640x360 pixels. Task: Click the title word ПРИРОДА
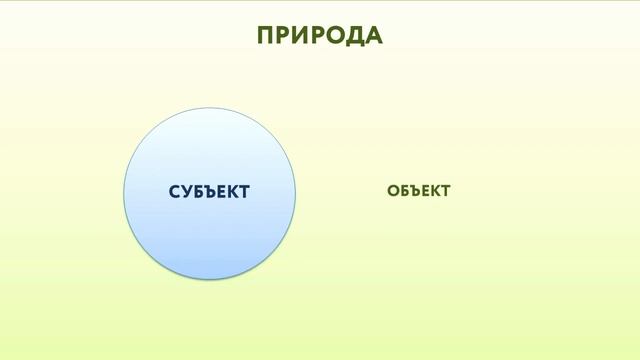point(320,35)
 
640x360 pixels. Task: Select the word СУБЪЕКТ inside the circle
point(209,191)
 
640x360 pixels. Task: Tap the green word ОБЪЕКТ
point(418,190)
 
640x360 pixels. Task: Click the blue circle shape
point(209,240)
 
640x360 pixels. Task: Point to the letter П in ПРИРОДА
point(266,35)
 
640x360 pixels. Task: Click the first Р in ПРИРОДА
point(285,35)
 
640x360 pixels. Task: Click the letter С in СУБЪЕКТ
point(175,191)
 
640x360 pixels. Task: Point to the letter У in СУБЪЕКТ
point(186,191)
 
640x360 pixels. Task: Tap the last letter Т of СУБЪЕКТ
point(243,191)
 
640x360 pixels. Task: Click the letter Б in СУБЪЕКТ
point(198,191)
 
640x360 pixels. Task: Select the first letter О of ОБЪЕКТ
point(393,190)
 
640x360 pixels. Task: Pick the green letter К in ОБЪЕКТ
point(434,190)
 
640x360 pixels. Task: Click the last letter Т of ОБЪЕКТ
point(445,190)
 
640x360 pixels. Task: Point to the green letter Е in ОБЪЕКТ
point(424,190)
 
